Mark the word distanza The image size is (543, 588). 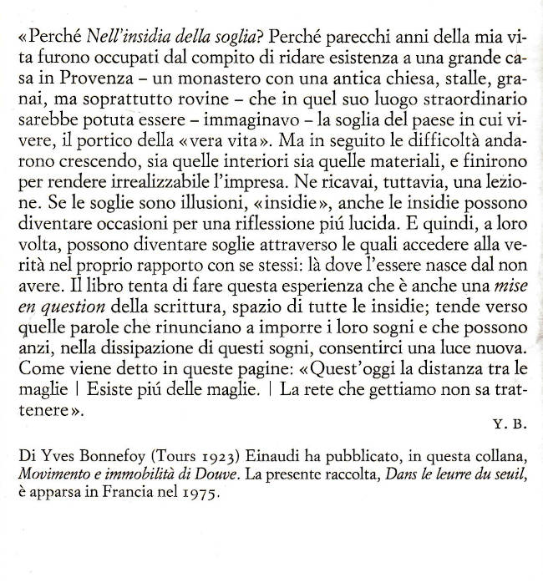pos(434,368)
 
